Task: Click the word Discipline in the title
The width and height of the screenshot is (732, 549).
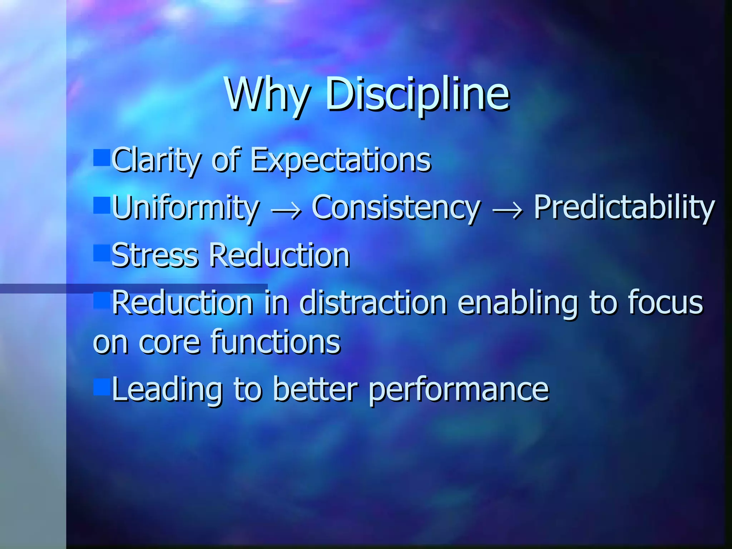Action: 417,95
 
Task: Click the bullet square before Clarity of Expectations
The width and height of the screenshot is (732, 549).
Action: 102,158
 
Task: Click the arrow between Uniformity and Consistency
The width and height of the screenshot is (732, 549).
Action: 286,211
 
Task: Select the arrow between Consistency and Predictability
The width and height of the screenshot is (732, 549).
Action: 508,211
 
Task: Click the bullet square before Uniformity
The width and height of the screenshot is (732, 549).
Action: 102,206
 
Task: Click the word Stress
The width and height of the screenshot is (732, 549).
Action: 155,256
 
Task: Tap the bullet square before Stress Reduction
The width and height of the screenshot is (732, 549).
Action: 102,253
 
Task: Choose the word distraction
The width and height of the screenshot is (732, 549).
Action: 373,303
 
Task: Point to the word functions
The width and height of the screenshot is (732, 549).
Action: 276,342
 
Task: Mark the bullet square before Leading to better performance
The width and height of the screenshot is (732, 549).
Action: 102,387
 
